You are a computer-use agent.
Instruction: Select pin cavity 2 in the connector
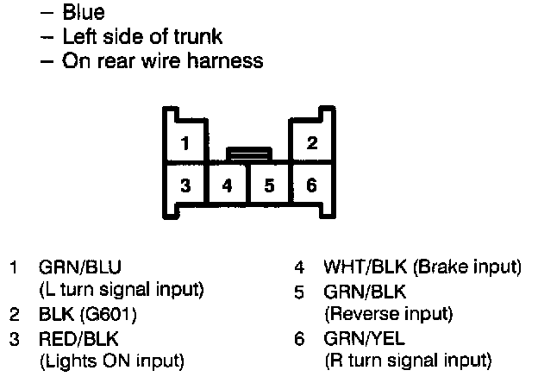click(311, 141)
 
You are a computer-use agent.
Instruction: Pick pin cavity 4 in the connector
click(227, 185)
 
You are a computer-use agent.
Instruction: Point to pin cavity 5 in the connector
click(269, 185)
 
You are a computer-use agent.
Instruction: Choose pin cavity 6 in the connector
click(311, 185)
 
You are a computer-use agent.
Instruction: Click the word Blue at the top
click(84, 13)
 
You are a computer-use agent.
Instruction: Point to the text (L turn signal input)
click(122, 289)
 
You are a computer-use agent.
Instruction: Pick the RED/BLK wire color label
click(73, 337)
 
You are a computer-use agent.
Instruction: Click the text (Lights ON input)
click(112, 360)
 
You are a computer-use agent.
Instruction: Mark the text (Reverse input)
click(388, 313)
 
